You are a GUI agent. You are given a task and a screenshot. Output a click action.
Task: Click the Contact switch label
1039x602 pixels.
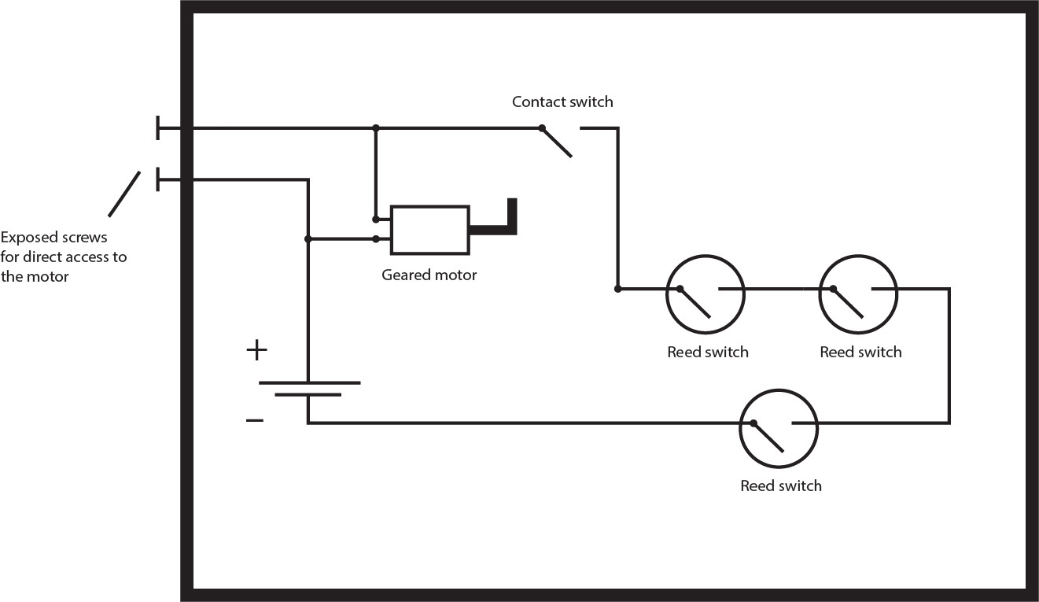pos(562,102)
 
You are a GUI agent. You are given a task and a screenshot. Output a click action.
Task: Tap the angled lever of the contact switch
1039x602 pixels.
pos(557,142)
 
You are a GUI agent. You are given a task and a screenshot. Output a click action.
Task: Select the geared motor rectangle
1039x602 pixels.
pos(430,230)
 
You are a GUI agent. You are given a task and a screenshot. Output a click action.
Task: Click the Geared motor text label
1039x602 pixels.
pos(429,275)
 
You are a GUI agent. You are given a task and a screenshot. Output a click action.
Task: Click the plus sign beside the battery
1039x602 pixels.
pos(256,350)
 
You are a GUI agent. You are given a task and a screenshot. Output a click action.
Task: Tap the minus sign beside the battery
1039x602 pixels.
pos(255,421)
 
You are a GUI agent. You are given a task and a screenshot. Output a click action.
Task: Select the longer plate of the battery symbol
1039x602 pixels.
pos(309,383)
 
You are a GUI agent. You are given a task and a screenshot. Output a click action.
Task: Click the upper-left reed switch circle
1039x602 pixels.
pos(705,296)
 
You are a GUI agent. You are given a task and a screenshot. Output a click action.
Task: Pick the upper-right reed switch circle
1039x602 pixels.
pos(857,296)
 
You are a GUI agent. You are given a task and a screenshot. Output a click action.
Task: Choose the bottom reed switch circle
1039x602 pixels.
pos(779,430)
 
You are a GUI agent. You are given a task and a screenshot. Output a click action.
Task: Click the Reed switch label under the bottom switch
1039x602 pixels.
pos(780,486)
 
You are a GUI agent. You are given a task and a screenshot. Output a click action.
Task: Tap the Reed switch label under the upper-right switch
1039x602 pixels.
pos(860,352)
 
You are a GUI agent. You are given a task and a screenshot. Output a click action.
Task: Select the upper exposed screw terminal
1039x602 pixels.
pos(159,127)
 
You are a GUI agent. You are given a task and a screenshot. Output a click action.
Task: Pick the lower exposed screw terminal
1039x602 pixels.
pos(159,179)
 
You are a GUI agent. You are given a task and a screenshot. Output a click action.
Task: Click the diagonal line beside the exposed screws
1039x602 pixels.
pos(124,194)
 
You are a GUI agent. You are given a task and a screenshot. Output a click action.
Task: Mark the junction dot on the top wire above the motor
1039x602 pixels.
pos(376,127)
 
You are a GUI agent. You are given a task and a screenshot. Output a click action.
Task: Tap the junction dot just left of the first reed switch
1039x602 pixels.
pos(617,289)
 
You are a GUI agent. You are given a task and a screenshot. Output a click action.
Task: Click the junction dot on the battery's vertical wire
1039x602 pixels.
pos(308,238)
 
